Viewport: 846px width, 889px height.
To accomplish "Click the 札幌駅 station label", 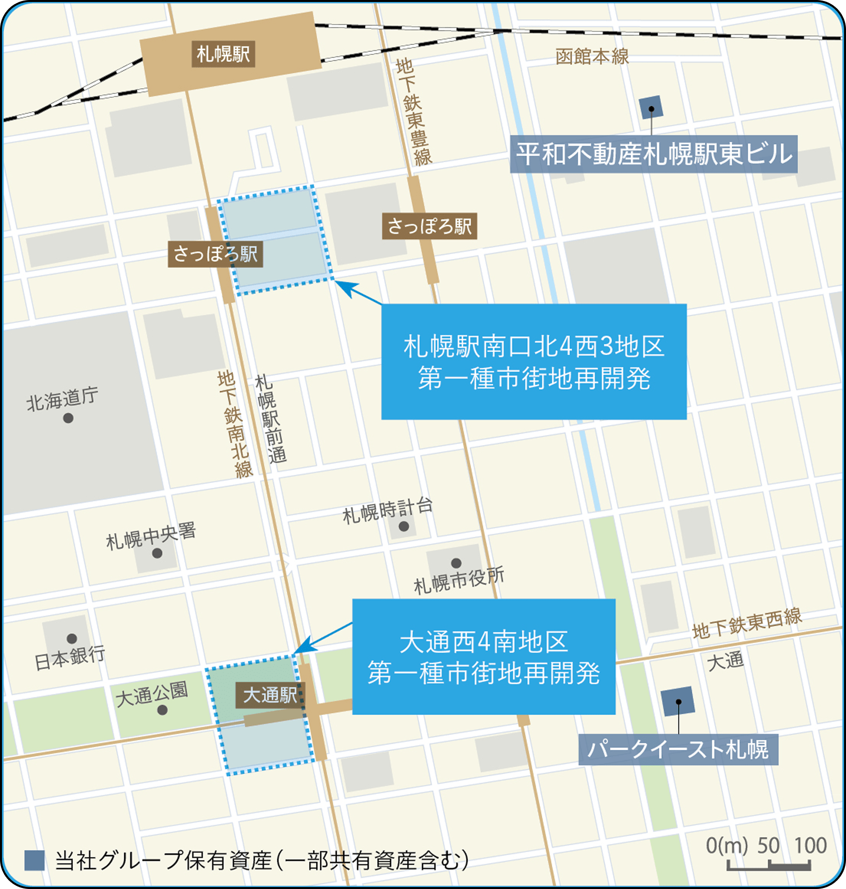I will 223,54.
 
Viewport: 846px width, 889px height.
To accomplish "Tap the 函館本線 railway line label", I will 592,57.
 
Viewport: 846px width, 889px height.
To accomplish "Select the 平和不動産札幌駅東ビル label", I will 653,154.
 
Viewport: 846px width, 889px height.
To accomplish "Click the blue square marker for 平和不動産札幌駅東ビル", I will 651,108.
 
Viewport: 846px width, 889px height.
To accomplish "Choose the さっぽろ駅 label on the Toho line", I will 429,226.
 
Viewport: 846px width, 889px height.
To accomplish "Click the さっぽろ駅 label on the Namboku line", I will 215,254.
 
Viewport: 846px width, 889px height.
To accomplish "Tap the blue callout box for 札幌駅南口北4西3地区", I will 534,362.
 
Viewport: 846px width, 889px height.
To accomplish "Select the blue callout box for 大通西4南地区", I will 483,657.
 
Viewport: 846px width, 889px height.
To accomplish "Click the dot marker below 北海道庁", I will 68,418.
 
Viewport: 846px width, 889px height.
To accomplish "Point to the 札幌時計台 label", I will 387,511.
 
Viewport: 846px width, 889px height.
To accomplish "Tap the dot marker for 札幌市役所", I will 456,563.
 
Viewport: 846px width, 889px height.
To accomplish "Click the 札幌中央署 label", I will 151,536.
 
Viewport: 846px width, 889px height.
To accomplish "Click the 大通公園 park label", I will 152,693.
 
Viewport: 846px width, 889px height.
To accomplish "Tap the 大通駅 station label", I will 270,694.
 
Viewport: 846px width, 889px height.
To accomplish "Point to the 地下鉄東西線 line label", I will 747,624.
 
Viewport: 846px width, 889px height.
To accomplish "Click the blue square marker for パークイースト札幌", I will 678,701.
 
